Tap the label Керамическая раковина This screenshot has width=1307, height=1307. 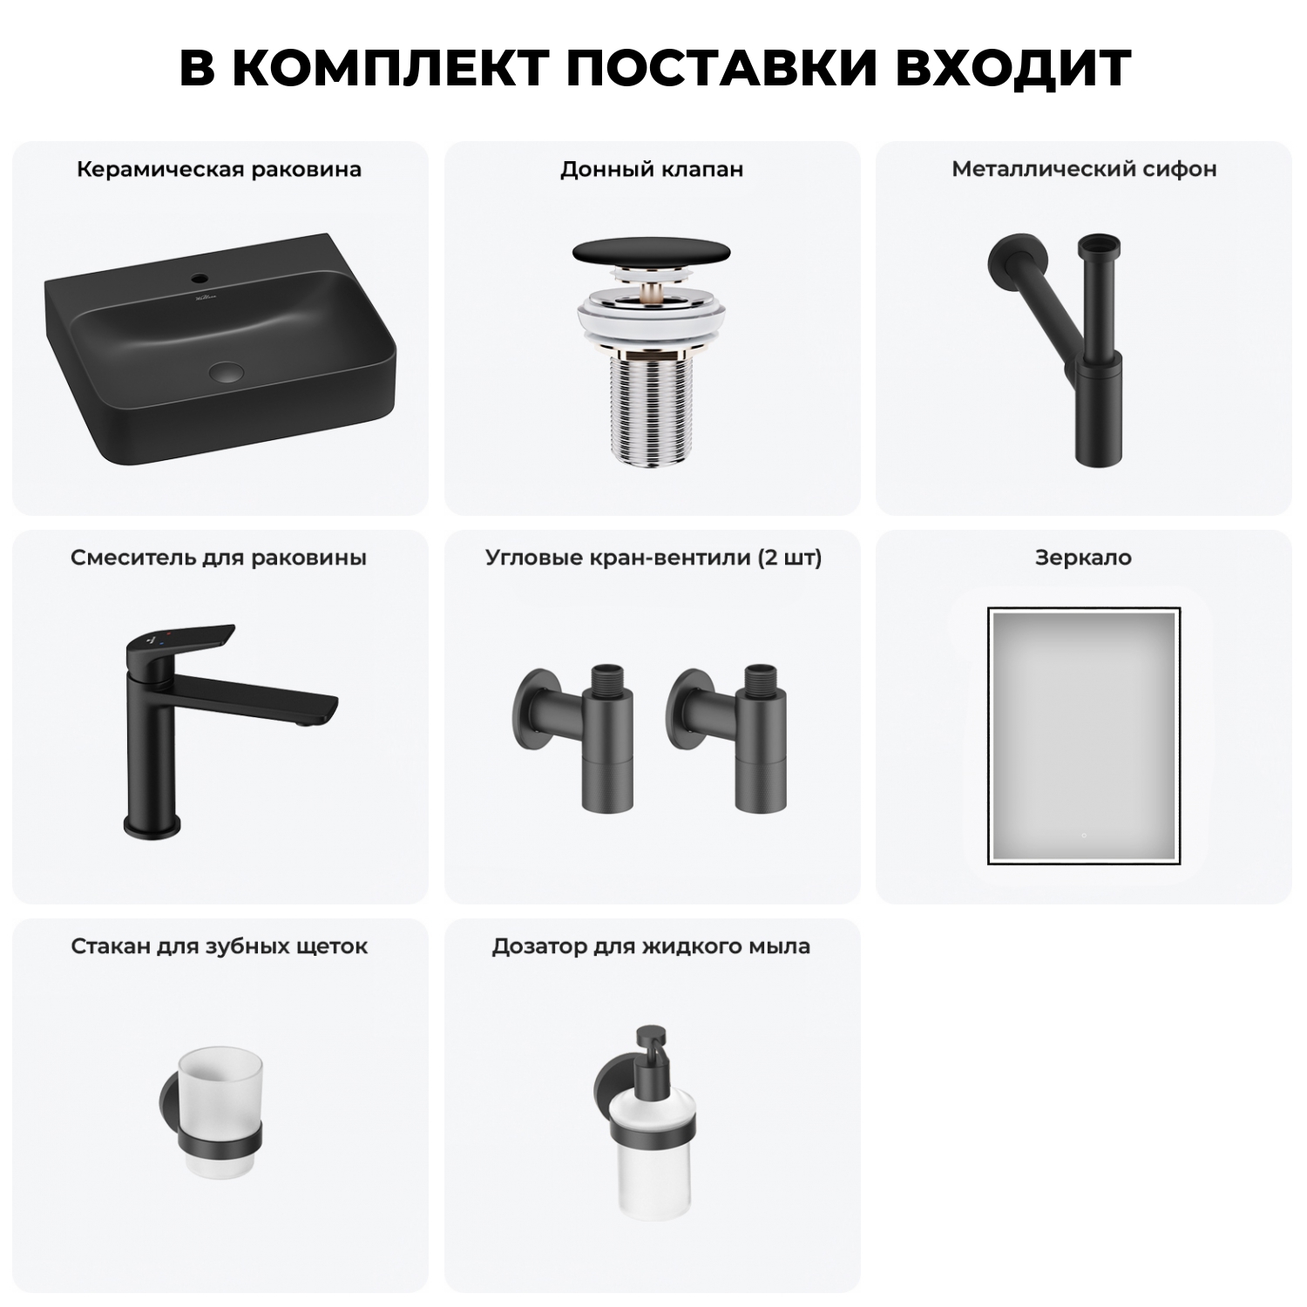[219, 169]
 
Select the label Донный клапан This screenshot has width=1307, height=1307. [652, 169]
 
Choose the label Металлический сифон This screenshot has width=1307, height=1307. [1084, 169]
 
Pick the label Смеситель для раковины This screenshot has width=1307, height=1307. [219, 558]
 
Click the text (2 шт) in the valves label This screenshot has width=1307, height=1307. [789, 558]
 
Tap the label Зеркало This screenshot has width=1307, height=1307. [1083, 558]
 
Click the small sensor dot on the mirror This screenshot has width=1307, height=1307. [1083, 836]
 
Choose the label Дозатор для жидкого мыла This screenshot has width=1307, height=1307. [651, 946]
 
